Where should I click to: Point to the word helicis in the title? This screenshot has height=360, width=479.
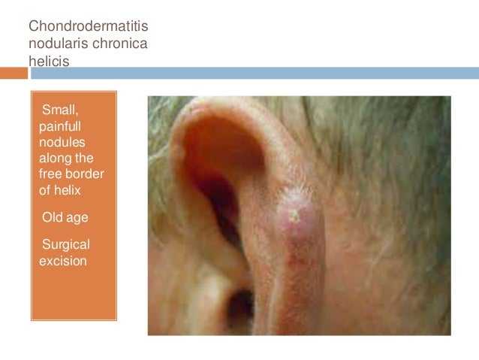(x=49, y=62)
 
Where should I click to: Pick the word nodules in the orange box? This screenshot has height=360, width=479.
(x=62, y=142)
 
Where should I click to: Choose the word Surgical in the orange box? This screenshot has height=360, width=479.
(x=66, y=244)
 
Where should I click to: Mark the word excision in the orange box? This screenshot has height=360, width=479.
(x=63, y=260)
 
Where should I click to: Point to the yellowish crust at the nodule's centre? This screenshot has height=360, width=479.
(x=297, y=216)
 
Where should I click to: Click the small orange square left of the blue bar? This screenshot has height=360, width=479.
(x=14, y=73)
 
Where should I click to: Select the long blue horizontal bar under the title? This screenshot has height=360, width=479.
(x=254, y=73)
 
